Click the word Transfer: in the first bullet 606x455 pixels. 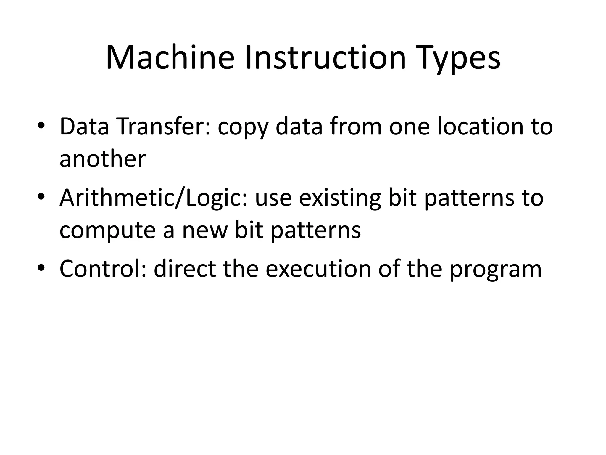(x=164, y=126)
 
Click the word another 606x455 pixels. (x=103, y=159)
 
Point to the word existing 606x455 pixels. (x=340, y=198)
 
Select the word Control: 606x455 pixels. (x=103, y=268)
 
